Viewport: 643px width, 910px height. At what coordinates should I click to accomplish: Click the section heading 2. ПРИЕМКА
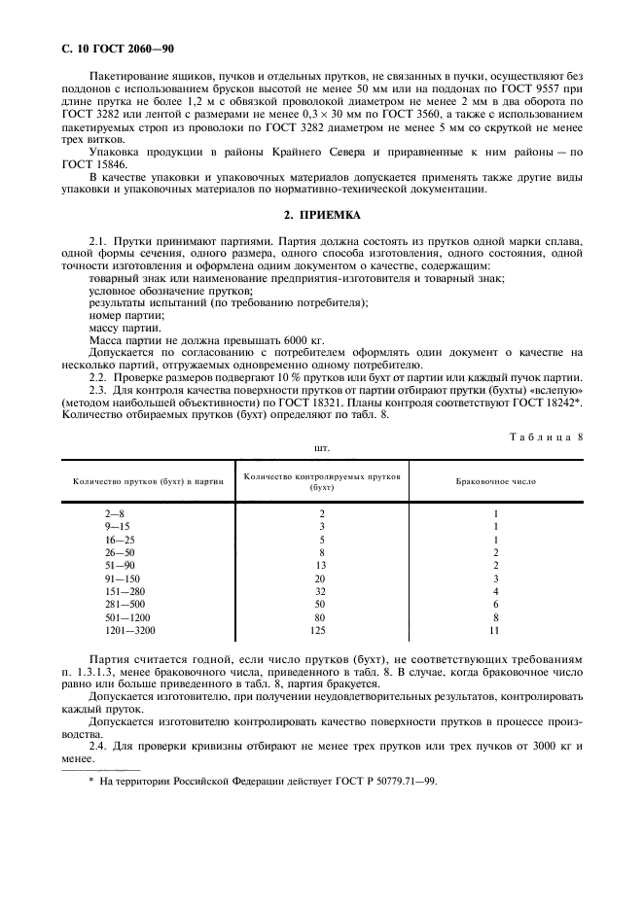click(321, 215)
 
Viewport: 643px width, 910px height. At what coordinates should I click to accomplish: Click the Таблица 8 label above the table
click(545, 437)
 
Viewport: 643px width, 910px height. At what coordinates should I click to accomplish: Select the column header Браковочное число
click(495, 480)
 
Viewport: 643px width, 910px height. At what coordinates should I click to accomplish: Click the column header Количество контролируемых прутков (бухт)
click(321, 480)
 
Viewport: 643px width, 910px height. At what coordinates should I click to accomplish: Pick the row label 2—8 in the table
click(115, 513)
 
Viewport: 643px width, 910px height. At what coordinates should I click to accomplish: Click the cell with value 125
click(321, 630)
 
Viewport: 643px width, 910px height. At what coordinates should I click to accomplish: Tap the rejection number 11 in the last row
click(495, 630)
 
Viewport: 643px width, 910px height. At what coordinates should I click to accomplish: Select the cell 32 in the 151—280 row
click(321, 591)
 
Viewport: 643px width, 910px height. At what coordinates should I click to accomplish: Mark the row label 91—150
click(122, 577)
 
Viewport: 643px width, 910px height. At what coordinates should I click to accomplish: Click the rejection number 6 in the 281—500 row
click(495, 604)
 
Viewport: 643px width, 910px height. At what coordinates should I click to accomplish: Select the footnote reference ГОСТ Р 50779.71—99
click(372, 781)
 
